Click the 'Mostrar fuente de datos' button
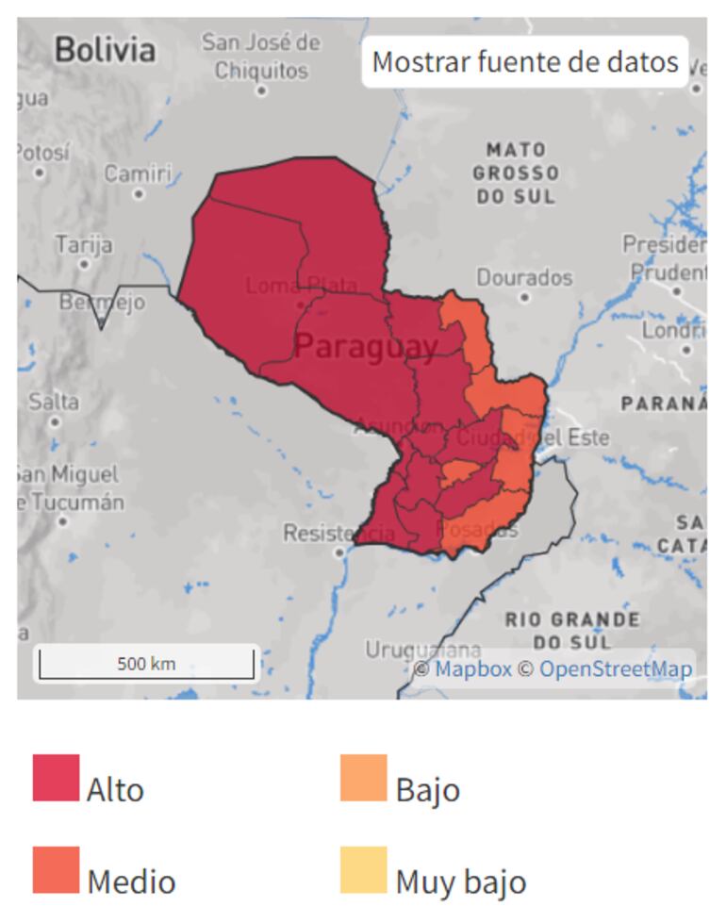525,62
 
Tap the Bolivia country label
105,49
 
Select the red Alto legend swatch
56,778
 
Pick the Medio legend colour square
56,869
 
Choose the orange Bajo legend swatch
364,778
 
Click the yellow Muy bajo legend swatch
364,869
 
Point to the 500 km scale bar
146,664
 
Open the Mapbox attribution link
472,669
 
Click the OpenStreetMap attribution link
616,669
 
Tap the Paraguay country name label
366,347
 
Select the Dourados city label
524,278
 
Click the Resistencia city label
339,534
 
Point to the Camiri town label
138,174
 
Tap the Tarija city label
84,245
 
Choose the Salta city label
54,401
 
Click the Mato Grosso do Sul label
515,173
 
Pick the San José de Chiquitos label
261,57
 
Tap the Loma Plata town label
301,285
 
